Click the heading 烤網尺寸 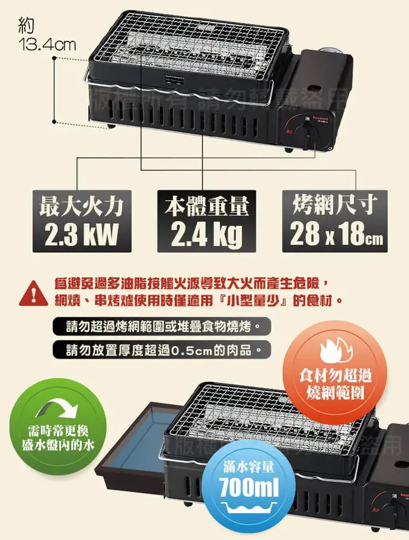[x=334, y=205]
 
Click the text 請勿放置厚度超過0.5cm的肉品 [x=160, y=349]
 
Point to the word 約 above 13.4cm [x=27, y=25]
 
